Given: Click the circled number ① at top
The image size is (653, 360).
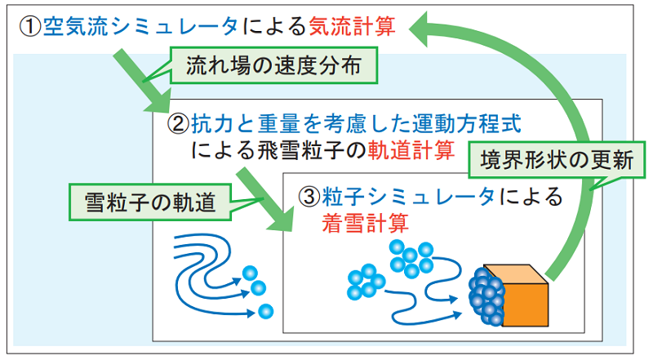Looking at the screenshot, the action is click(x=30, y=26).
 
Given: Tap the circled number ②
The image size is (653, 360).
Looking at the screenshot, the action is click(x=178, y=124).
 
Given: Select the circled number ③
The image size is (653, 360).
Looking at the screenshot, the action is click(x=309, y=196).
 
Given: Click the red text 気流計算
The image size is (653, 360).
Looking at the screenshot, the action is click(x=353, y=26).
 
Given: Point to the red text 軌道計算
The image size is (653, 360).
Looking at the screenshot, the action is click(x=411, y=150).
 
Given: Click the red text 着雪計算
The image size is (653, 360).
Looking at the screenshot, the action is click(x=365, y=223).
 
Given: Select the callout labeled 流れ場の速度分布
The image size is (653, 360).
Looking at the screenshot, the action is click(x=273, y=65).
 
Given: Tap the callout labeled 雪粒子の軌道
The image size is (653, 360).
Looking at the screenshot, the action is click(x=150, y=202).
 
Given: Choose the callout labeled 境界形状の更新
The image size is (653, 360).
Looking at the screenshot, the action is click(x=557, y=160).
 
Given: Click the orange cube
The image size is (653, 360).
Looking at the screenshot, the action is click(x=521, y=295).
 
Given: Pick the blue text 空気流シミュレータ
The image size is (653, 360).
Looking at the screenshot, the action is click(x=140, y=26).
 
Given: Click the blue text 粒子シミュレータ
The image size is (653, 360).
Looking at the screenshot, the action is click(x=408, y=196).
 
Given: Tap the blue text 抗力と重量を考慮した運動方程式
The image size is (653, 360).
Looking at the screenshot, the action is click(x=356, y=124).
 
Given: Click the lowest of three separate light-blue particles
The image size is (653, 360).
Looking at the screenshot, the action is click(x=265, y=311).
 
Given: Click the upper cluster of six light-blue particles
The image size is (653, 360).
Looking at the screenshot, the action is click(x=411, y=258).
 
